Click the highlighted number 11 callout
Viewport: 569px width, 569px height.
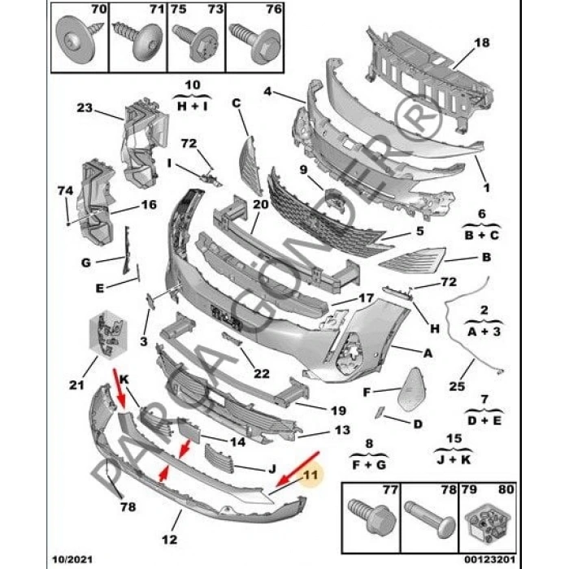tap(311, 475)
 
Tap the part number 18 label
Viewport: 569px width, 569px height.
tap(481, 42)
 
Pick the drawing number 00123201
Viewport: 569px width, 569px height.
tap(489, 559)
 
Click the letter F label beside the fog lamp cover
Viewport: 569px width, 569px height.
tap(367, 393)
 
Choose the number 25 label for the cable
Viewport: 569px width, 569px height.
tap(457, 386)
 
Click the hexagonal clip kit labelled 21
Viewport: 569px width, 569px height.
tap(108, 334)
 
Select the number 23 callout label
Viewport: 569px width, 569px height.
tap(85, 108)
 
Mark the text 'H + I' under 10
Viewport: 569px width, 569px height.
tap(193, 106)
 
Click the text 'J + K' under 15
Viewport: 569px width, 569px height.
tap(454, 460)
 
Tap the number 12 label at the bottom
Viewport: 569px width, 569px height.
tap(169, 539)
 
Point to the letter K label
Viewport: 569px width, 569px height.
tap(124, 380)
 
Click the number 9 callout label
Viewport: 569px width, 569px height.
tap(303, 169)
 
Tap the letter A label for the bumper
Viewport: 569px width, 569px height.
tap(428, 353)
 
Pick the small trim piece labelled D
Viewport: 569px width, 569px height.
tap(380, 412)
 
